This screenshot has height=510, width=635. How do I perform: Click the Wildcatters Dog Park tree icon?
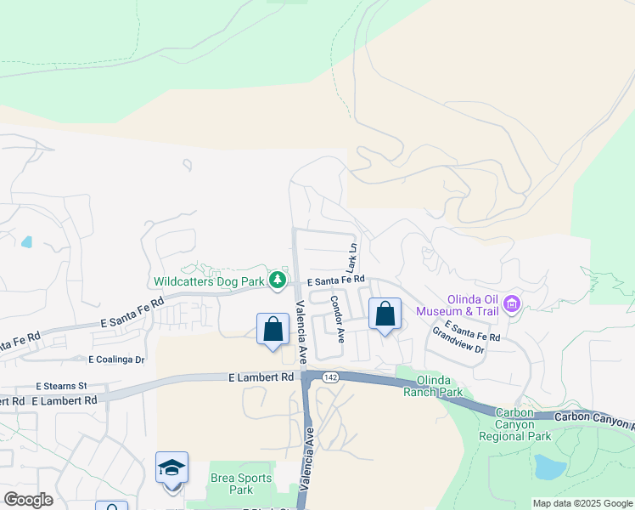(277, 280)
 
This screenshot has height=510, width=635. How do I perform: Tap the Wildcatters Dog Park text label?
(209, 280)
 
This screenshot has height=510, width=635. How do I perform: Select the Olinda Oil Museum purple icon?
(511, 303)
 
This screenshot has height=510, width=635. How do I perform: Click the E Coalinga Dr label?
(110, 360)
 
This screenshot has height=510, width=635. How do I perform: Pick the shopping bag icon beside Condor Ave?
(385, 314)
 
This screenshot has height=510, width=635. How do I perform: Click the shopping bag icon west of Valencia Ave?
(273, 329)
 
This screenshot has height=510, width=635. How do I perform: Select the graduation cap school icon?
(171, 467)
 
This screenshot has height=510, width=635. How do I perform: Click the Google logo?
(28, 500)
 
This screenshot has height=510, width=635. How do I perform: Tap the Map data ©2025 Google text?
(582, 503)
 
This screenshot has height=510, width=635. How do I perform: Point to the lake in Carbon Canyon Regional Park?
(551, 467)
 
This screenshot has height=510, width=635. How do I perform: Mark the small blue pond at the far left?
(27, 241)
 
